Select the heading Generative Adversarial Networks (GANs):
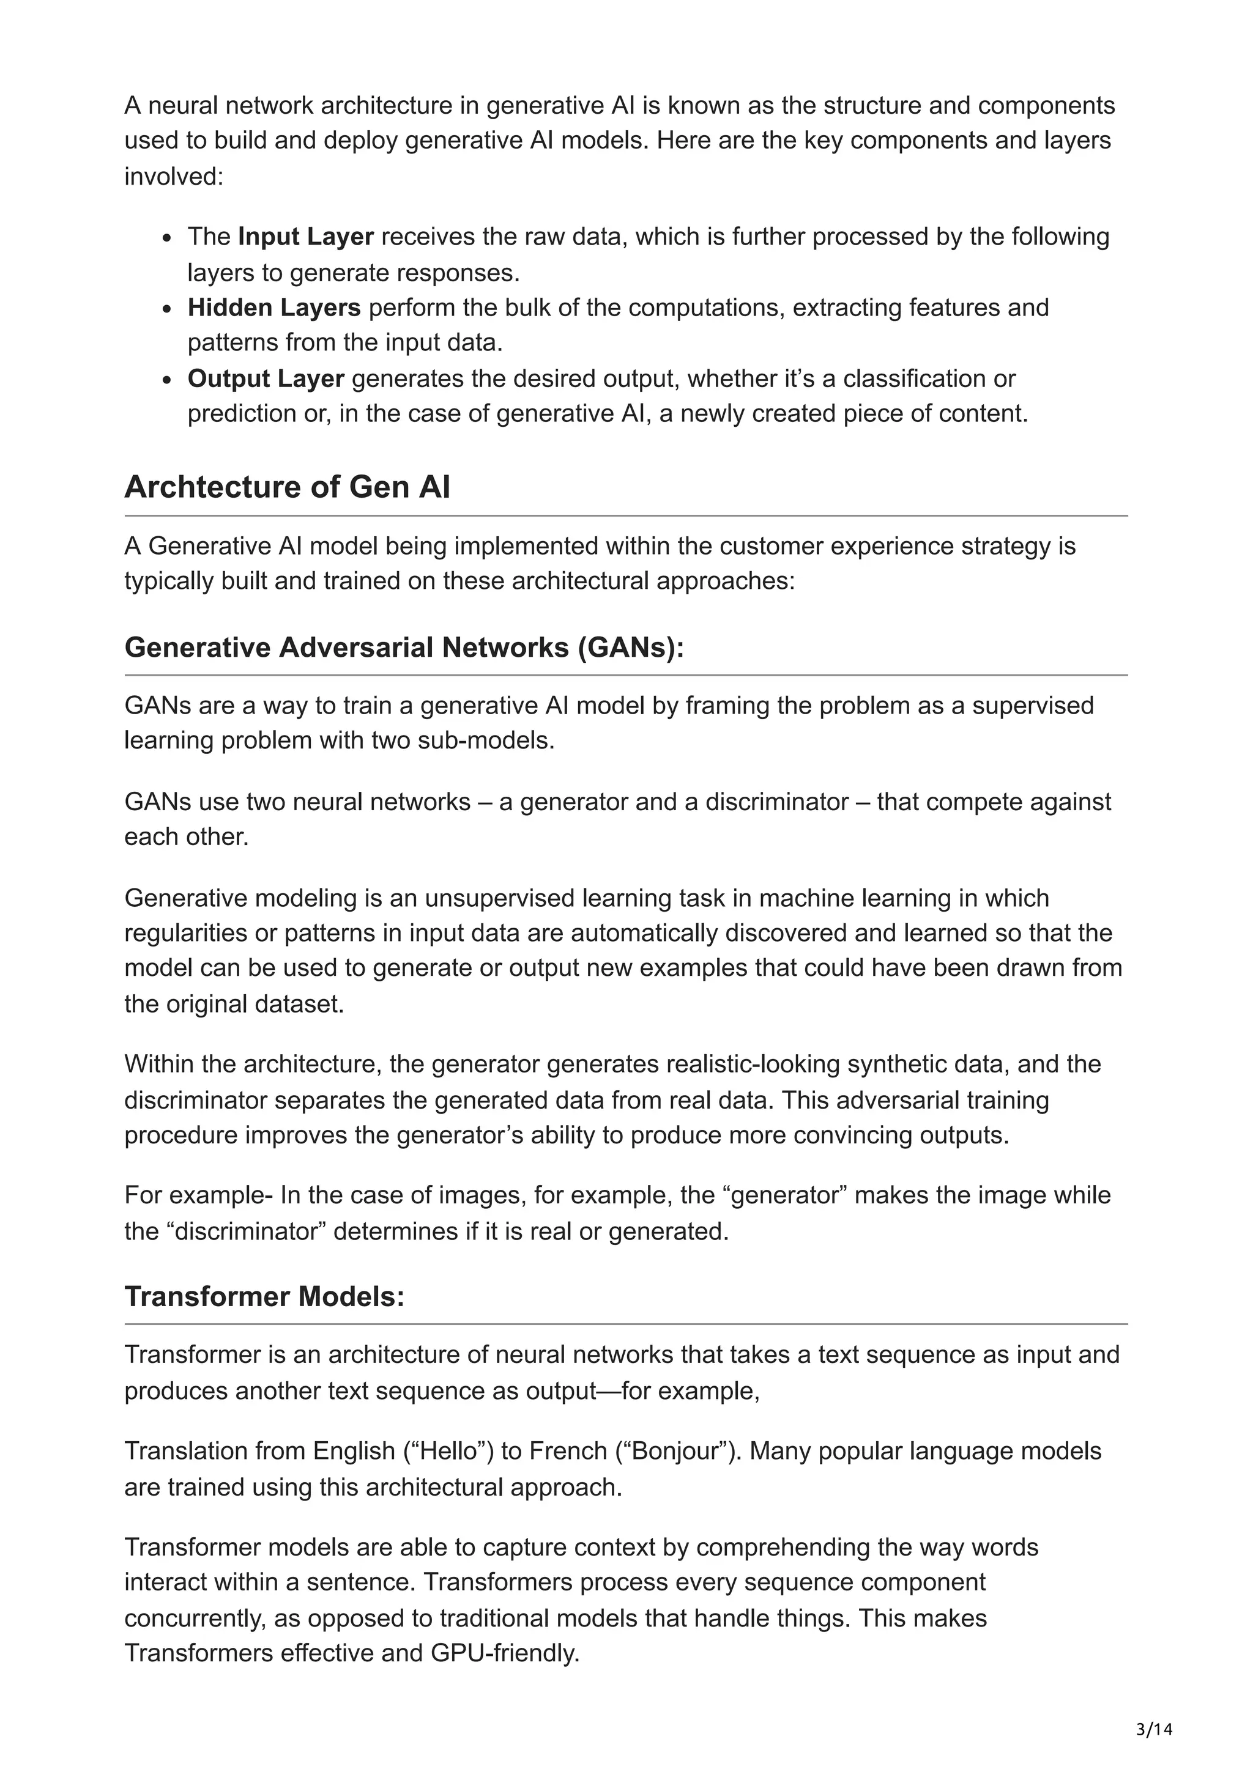[404, 648]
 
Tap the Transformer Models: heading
[264, 1296]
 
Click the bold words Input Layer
[306, 237]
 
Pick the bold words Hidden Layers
[273, 308]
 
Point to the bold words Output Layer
[266, 379]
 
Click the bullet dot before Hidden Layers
[167, 309]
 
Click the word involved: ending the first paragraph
[174, 177]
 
